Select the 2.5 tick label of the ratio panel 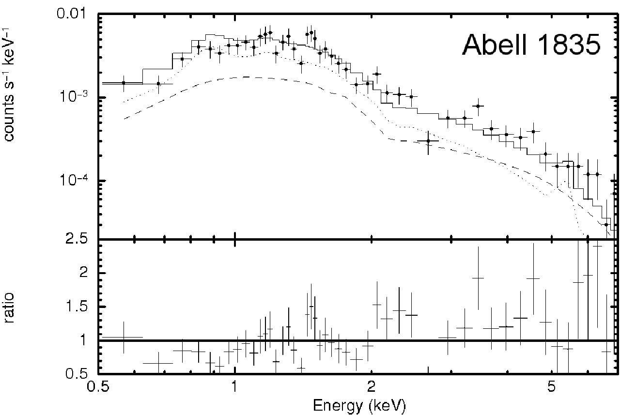tap(77, 239)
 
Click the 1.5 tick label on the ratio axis tap(77, 307)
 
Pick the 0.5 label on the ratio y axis tap(77, 373)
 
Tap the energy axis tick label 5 tap(552, 386)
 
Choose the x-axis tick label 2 tap(371, 386)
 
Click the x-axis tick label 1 tap(235, 386)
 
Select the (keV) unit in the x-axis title tap(388, 406)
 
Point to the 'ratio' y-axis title tap(9, 307)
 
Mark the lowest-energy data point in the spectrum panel tap(124, 83)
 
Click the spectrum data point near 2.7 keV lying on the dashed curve tap(428, 141)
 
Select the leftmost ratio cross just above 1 tap(124, 338)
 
